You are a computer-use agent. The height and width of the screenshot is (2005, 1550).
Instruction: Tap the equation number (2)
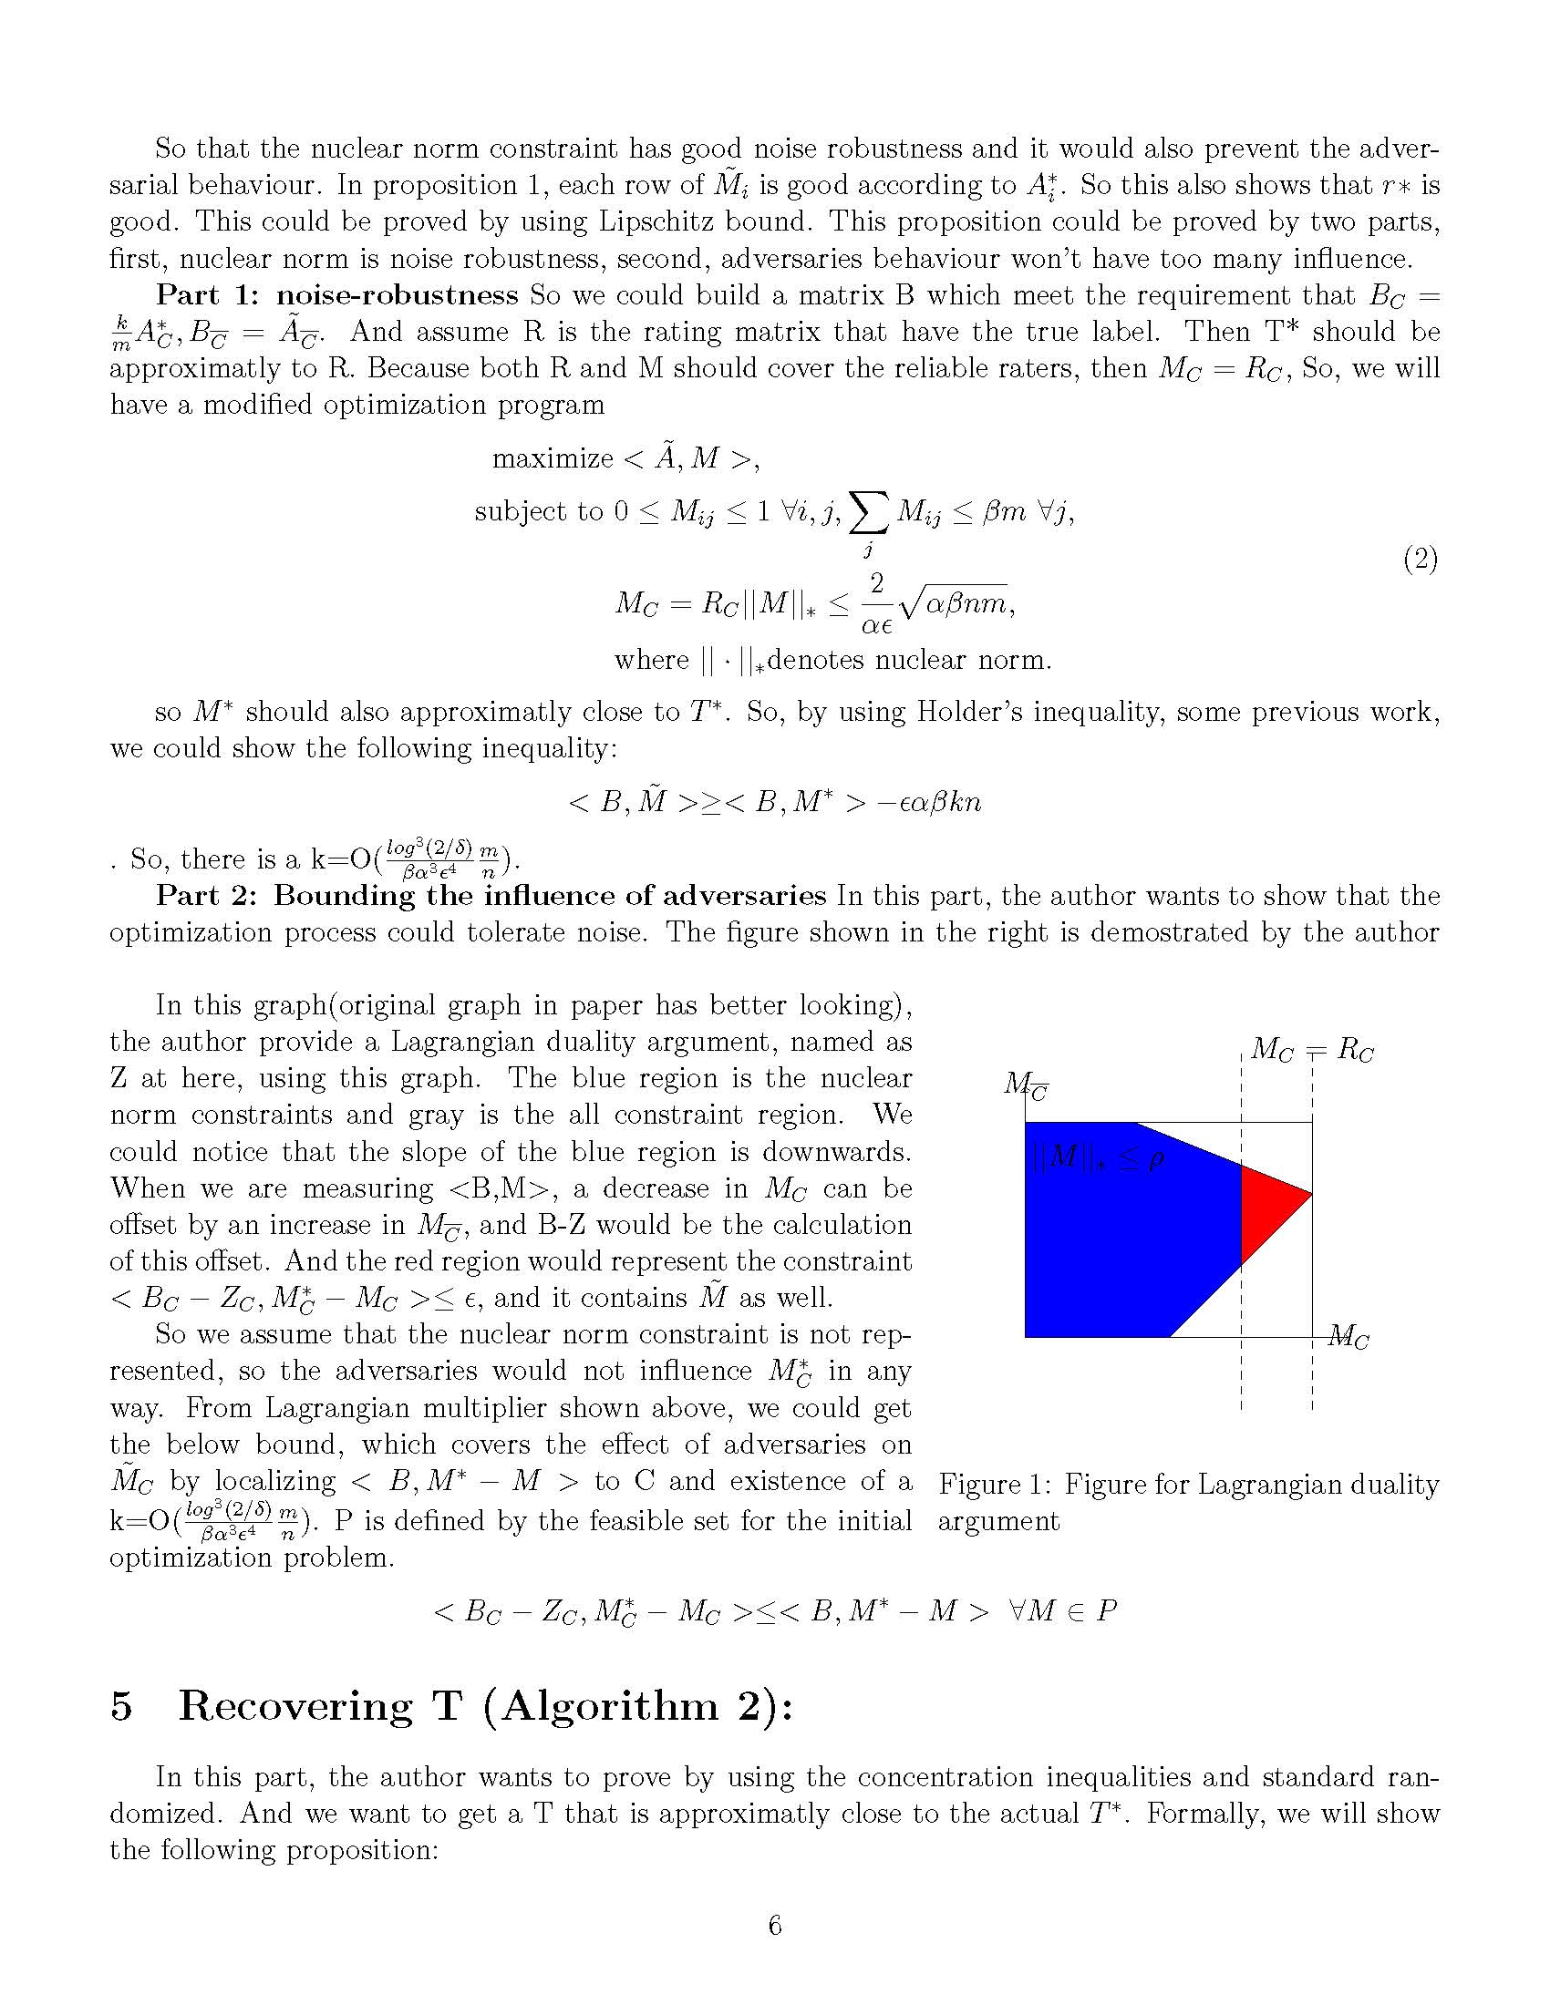[x=1420, y=559]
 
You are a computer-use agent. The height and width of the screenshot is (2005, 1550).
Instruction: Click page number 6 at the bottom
[x=775, y=1924]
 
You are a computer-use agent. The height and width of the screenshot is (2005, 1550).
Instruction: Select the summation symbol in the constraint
[x=869, y=514]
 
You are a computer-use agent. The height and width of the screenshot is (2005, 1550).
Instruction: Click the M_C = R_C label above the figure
[x=1311, y=1049]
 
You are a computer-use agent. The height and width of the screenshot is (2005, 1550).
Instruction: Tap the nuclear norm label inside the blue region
[x=1097, y=1161]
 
